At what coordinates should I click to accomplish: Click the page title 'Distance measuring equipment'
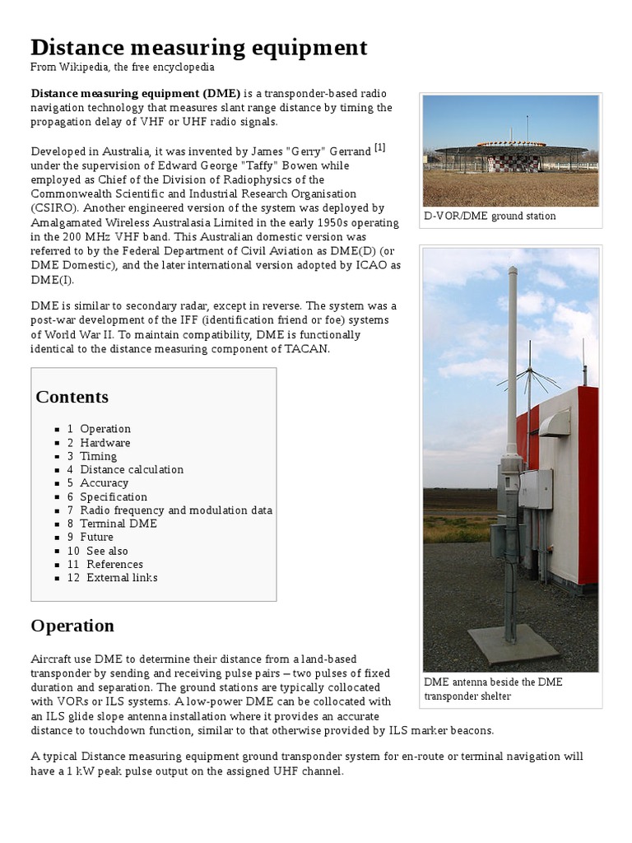click(199, 47)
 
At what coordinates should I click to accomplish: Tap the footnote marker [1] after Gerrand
click(379, 148)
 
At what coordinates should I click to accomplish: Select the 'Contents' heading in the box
click(72, 397)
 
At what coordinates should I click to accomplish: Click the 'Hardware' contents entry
click(105, 442)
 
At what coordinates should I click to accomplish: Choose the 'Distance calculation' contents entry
click(131, 469)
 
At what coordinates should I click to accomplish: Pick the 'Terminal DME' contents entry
click(118, 524)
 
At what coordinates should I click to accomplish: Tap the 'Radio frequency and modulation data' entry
click(175, 510)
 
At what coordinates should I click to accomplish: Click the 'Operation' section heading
click(72, 626)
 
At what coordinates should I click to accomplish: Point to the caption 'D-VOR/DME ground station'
click(490, 216)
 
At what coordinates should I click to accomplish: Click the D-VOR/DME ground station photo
click(510, 151)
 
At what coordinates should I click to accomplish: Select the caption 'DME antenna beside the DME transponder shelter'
click(494, 689)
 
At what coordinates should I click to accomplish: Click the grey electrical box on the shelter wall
click(536, 489)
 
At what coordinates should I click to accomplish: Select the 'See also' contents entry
click(107, 551)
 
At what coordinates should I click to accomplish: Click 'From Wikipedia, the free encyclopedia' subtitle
click(123, 68)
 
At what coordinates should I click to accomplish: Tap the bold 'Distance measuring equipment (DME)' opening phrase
click(136, 93)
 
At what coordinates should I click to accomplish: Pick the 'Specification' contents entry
click(114, 496)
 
